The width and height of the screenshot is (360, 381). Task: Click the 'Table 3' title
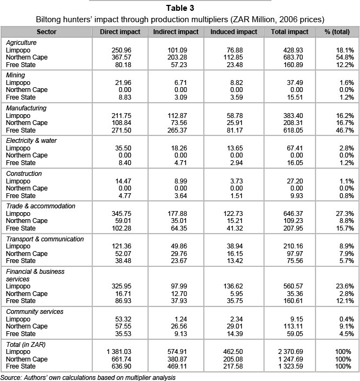click(179, 8)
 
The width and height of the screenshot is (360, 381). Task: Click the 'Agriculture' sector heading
click(22, 42)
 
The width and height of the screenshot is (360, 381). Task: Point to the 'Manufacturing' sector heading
click(26, 108)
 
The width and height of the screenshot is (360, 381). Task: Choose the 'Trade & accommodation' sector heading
click(40, 206)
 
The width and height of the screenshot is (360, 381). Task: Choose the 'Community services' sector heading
click(34, 312)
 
